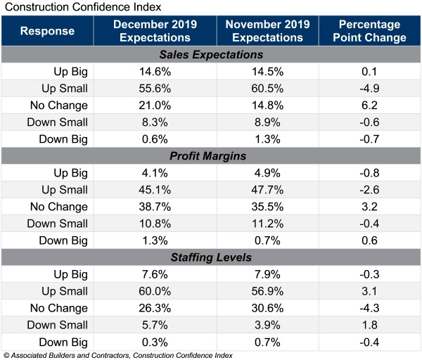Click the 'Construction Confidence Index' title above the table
[x=82, y=7]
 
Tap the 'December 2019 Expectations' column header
[x=154, y=31]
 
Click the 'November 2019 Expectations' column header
[x=267, y=31]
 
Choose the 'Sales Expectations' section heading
[x=211, y=55]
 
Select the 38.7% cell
[x=154, y=207]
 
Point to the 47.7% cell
[x=267, y=190]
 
